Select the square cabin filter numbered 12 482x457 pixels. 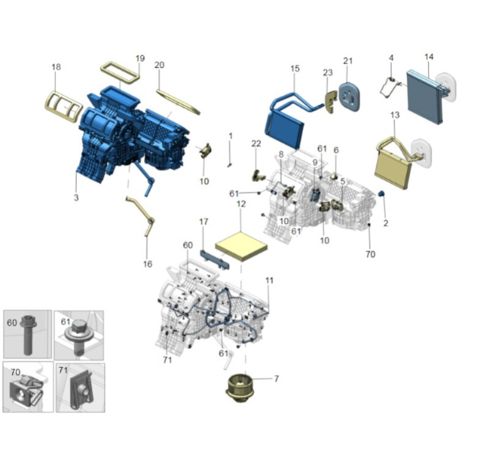click(x=242, y=247)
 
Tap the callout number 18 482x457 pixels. click(x=56, y=67)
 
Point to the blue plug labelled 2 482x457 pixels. click(x=381, y=193)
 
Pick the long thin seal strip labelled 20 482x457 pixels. click(x=178, y=102)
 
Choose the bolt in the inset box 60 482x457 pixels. click(x=28, y=334)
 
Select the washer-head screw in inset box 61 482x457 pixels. click(x=78, y=337)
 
